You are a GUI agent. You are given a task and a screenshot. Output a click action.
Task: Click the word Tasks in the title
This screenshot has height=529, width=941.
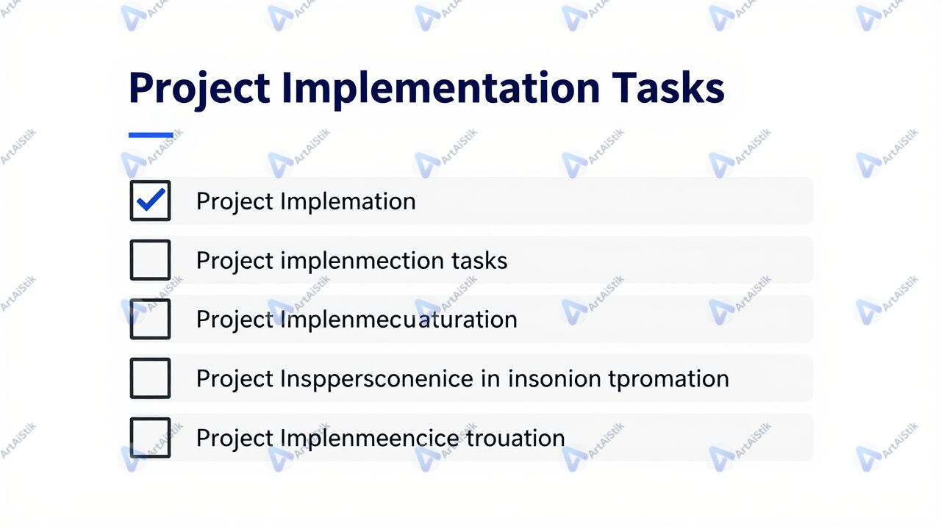[x=668, y=88]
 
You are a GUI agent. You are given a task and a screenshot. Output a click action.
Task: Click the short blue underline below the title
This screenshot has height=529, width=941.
[x=151, y=135]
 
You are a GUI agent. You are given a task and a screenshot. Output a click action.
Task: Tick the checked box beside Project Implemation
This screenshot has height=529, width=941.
[x=151, y=201]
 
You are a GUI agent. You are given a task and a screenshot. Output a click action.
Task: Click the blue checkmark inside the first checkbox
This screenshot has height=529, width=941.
[x=151, y=199]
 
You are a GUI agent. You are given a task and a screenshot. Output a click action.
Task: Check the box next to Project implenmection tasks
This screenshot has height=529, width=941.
[x=151, y=260]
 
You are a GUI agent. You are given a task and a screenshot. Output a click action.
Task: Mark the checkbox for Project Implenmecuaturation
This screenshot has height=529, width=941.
[x=151, y=319]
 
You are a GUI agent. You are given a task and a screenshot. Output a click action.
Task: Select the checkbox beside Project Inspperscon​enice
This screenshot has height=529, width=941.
[x=151, y=378]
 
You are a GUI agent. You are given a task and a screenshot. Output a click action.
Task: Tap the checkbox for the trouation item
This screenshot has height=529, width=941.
[x=151, y=437]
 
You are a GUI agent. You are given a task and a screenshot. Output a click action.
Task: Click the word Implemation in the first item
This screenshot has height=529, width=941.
[x=348, y=202]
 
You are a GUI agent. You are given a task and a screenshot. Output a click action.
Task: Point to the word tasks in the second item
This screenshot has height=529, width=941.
[x=479, y=261]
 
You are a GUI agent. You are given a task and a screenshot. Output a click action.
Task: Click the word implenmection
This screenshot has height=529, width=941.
[x=362, y=262]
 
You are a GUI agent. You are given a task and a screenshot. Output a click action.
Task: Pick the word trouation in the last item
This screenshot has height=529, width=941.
[x=515, y=439]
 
